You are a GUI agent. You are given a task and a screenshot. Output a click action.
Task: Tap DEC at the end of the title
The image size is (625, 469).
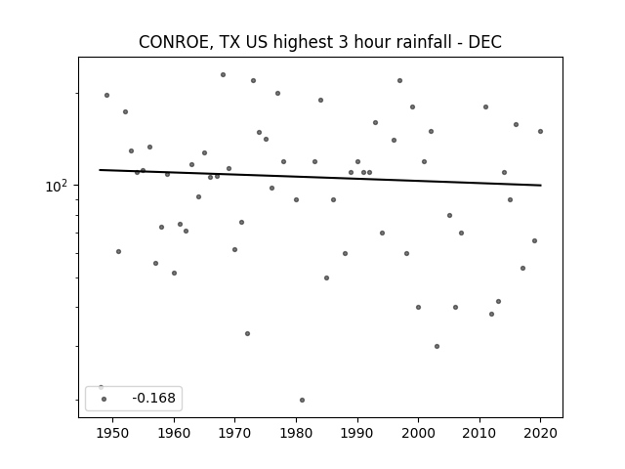pos(485,42)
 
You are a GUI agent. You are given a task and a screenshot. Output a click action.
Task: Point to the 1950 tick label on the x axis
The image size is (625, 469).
pos(113,433)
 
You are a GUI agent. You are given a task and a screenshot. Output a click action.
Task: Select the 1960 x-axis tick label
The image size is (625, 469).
pos(174,433)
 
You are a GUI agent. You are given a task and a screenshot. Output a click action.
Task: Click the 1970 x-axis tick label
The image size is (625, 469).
pos(235,433)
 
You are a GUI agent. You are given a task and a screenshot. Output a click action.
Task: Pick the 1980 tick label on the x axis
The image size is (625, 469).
pos(296,433)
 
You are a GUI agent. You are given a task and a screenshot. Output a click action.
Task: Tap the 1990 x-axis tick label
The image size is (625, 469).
pos(357,433)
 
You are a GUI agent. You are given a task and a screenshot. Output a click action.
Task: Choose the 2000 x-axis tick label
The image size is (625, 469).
pos(419,433)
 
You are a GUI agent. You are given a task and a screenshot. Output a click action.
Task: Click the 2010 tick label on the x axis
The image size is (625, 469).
pos(479,433)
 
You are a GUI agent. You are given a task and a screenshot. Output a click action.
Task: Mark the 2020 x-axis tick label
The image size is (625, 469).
pos(540,433)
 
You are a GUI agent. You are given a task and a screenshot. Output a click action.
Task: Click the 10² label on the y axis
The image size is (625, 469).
pos(58,186)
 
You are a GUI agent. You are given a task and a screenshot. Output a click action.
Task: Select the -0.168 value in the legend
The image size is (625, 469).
pos(154,398)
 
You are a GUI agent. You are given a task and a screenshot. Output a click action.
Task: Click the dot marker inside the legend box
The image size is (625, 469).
pos(104,400)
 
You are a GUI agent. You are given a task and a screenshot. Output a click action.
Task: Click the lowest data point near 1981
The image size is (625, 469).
pos(302,400)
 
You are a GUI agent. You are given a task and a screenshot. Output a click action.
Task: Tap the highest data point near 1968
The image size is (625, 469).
pos(224,75)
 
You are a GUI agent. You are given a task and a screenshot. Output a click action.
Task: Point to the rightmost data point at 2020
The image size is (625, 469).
pos(540,132)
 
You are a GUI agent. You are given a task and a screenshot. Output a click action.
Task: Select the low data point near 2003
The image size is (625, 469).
pos(437,347)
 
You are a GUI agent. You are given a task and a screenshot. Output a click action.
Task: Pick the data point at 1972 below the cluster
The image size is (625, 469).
pos(247,334)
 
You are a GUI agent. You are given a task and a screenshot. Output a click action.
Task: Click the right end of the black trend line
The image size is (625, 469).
pos(541,185)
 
